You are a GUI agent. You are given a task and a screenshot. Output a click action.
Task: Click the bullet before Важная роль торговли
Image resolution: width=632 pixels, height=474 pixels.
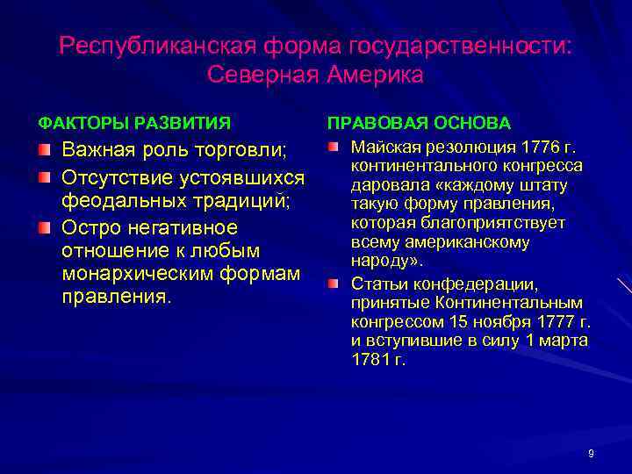tap(44, 147)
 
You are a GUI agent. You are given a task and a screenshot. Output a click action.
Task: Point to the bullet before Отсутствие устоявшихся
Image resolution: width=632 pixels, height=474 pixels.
tap(44, 179)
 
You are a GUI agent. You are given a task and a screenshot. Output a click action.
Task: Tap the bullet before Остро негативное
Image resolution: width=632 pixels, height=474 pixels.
tap(44, 228)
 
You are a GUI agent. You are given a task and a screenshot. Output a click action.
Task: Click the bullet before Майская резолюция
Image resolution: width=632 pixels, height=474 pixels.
tap(334, 145)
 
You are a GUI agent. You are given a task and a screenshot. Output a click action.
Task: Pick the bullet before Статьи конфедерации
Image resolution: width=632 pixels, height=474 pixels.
tap(334, 284)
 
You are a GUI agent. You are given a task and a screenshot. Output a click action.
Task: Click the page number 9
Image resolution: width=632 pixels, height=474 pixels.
tap(591, 453)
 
